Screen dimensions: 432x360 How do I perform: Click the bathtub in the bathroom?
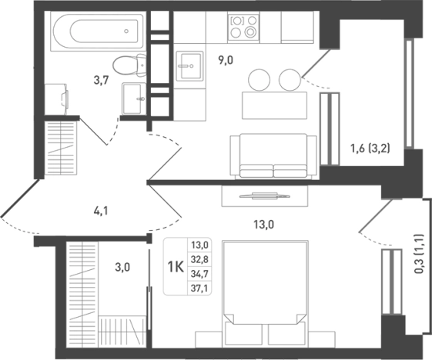pyautogui.click(x=98, y=31)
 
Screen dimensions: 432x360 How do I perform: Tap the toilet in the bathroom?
pyautogui.click(x=129, y=65)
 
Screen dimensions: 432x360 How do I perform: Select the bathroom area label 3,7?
pyautogui.click(x=102, y=81)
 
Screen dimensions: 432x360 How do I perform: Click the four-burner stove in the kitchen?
pyautogui.click(x=243, y=27)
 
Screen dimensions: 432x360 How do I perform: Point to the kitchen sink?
pyautogui.click(x=189, y=66)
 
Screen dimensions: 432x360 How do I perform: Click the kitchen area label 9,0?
pyautogui.click(x=226, y=60)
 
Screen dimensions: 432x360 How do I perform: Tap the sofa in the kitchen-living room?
pyautogui.click(x=273, y=156)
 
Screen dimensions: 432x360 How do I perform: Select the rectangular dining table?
pyautogui.click(x=274, y=105)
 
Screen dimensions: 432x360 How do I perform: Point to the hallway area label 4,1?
pyautogui.click(x=101, y=211)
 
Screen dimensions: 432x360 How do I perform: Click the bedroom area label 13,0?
pyautogui.click(x=263, y=225)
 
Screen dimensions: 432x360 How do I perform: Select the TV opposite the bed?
pyautogui.click(x=264, y=196)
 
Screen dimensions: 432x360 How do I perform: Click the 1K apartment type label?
pyautogui.click(x=176, y=267)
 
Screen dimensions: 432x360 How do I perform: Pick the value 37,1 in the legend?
pyautogui.click(x=199, y=288)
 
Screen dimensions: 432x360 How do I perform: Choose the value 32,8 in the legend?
pyautogui.click(x=199, y=259)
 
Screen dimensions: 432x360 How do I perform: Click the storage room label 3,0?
pyautogui.click(x=122, y=267)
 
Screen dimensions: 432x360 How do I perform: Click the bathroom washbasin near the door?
pyautogui.click(x=134, y=98)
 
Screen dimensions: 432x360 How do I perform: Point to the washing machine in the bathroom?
pyautogui.click(x=56, y=99)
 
